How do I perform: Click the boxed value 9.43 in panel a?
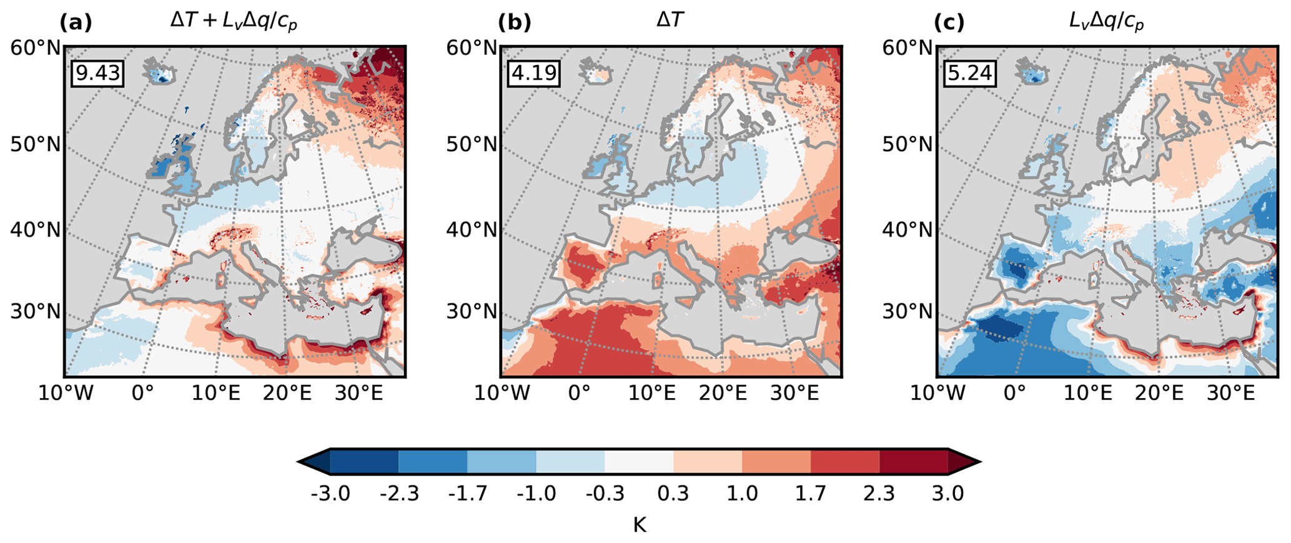pyautogui.click(x=97, y=73)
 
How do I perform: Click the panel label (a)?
pyautogui.click(x=76, y=22)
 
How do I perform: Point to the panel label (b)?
pyautogui.click(x=514, y=22)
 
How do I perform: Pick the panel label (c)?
pyautogui.click(x=949, y=22)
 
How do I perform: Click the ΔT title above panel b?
pyautogui.click(x=670, y=21)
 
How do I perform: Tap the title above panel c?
pyautogui.click(x=1106, y=22)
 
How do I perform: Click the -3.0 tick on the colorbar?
pyautogui.click(x=330, y=494)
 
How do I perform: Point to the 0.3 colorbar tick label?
pyautogui.click(x=673, y=494)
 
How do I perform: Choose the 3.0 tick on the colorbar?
pyautogui.click(x=947, y=494)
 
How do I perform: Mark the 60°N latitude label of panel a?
pyautogui.click(x=36, y=47)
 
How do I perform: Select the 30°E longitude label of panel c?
pyautogui.click(x=1230, y=393)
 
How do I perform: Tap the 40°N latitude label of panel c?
pyautogui.click(x=908, y=230)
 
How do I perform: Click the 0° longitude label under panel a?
pyautogui.click(x=142, y=393)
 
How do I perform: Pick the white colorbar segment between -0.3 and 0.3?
pyautogui.click(x=639, y=462)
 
